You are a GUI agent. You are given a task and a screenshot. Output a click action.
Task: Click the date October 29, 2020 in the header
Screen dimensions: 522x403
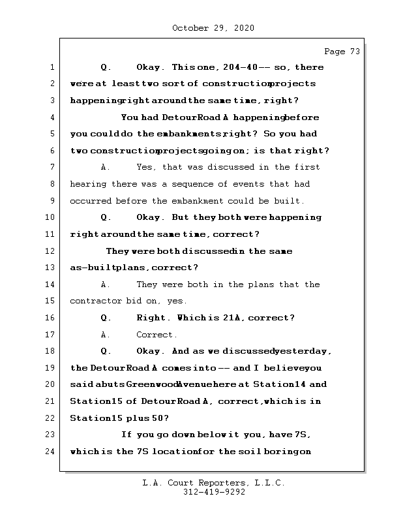click(213, 28)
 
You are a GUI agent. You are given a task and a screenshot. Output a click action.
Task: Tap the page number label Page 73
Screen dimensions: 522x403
click(342, 52)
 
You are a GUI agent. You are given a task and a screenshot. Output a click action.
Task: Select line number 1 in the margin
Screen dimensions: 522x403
click(52, 67)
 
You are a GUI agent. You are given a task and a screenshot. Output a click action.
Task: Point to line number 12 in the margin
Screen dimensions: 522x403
click(51, 251)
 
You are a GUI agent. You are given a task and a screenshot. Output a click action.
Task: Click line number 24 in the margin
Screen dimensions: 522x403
click(51, 451)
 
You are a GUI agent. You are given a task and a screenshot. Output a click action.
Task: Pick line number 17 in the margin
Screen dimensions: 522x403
click(51, 335)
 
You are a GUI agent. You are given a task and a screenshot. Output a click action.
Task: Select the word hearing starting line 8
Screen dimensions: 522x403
click(87, 184)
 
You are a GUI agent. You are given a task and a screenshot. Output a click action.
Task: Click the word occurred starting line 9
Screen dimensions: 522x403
click(90, 201)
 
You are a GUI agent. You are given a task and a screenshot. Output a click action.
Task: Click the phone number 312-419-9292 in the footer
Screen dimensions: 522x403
click(213, 493)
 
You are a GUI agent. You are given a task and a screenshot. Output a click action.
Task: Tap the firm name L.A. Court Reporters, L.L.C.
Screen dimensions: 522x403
click(213, 484)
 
